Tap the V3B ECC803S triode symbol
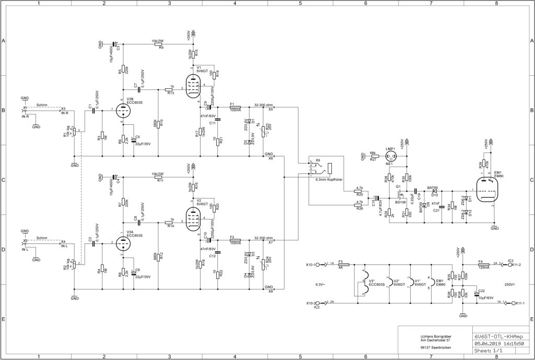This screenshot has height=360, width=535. pos(123,111)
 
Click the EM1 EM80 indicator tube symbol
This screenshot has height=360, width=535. pos(487,190)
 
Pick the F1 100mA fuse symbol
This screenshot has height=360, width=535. pos(235,107)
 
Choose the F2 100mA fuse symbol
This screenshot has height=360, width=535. pos(235,240)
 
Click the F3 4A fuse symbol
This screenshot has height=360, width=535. pos(340,264)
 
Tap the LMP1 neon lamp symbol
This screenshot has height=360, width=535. pos(389,156)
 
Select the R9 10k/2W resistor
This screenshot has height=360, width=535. pos(159,44)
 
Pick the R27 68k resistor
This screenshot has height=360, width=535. pos(373,156)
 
